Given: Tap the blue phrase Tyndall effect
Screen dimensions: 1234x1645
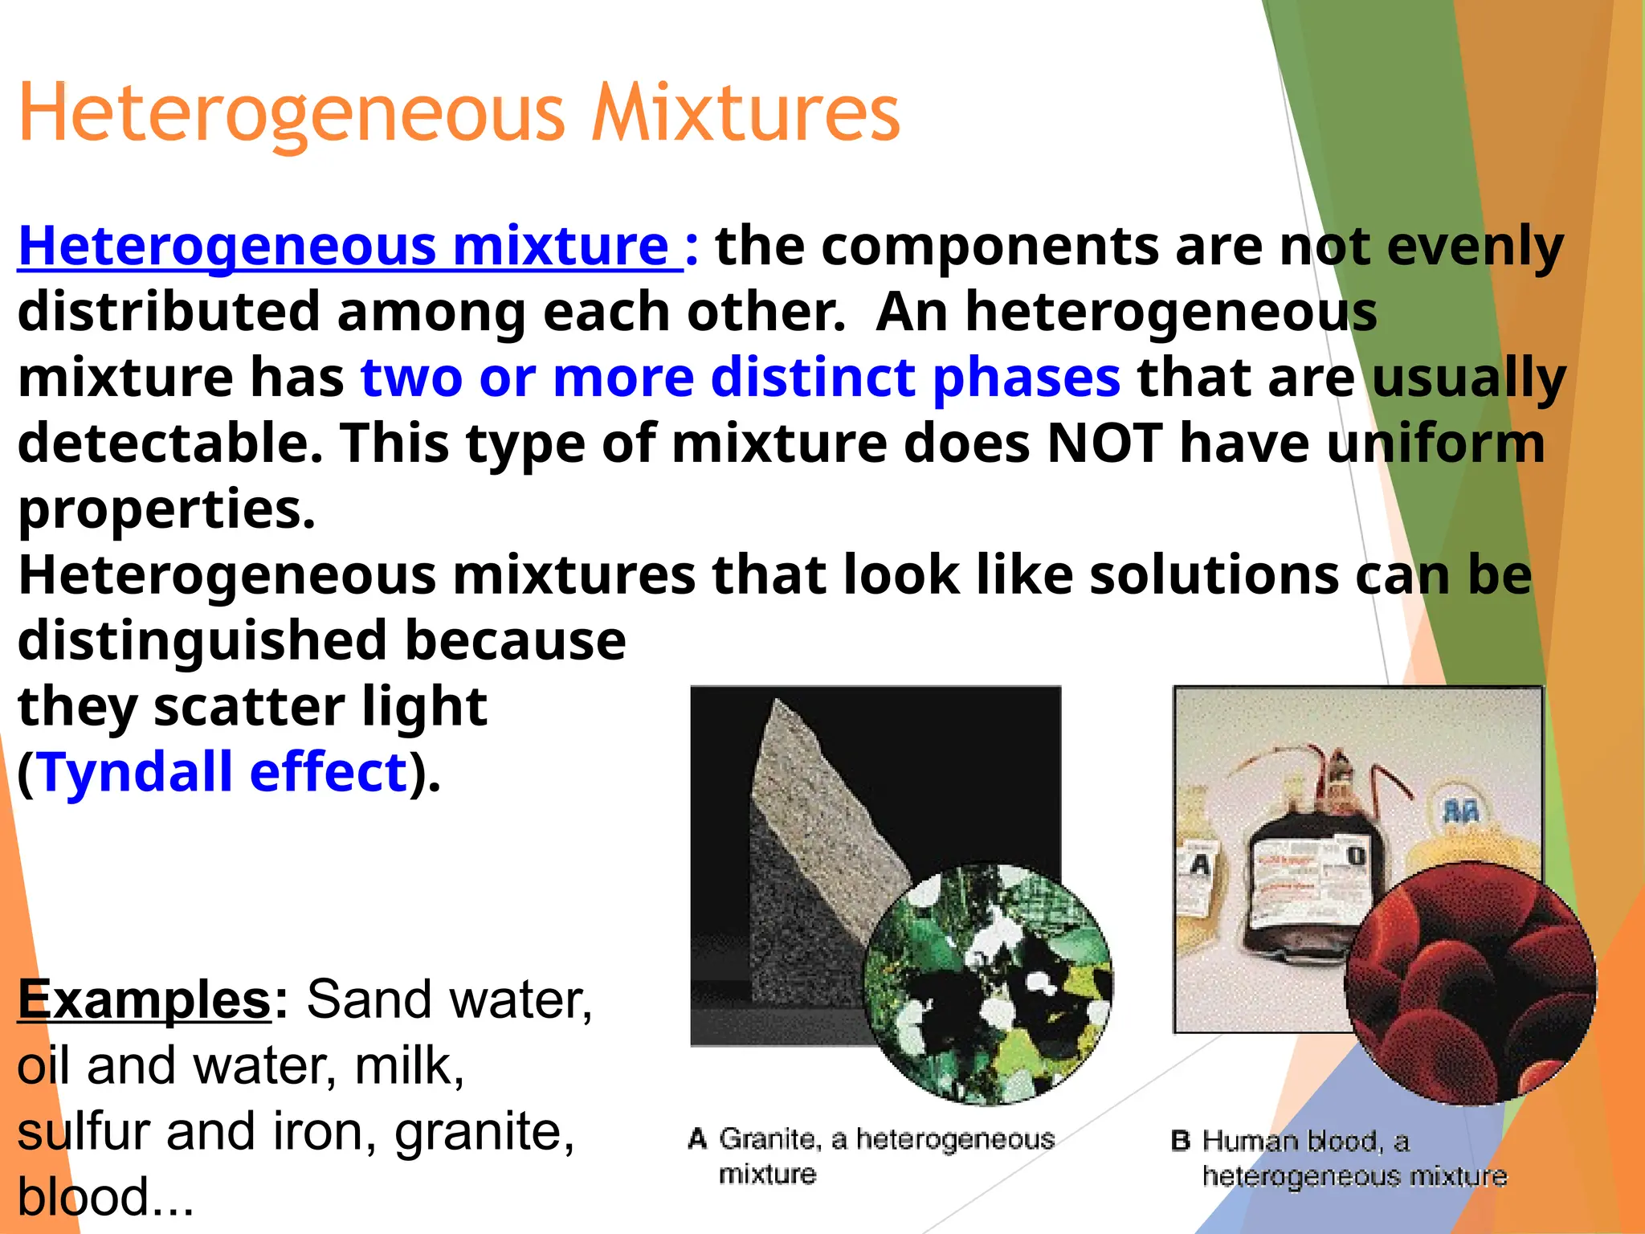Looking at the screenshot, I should (x=222, y=772).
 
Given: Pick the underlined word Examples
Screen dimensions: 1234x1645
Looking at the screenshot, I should (x=145, y=999).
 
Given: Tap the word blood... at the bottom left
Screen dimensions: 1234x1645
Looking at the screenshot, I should (x=104, y=1197).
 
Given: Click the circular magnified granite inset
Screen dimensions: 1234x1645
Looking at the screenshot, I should (x=988, y=984).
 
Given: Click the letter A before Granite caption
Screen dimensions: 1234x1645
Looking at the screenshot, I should (x=697, y=1139).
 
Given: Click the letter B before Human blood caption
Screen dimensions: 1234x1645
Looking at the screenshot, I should (x=1180, y=1141).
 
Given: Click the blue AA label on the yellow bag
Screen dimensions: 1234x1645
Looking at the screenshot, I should (x=1460, y=812).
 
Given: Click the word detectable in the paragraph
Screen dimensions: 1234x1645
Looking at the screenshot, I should (x=169, y=443).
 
